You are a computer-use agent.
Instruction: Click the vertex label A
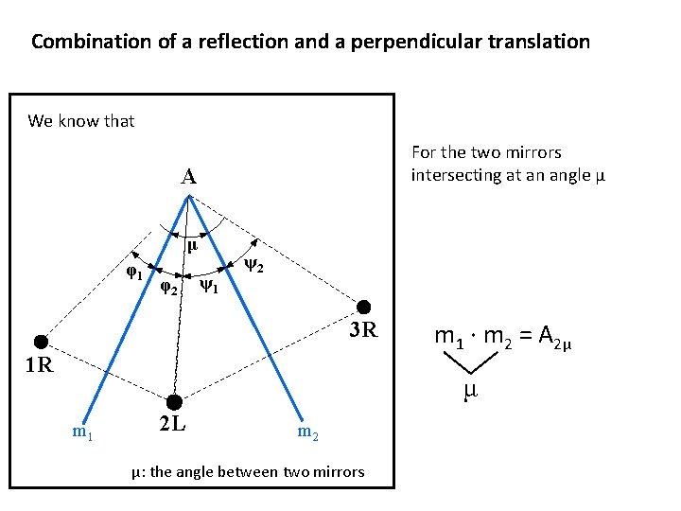tap(189, 177)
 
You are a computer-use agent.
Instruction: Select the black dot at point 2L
tap(173, 403)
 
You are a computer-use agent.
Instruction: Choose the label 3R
tap(363, 331)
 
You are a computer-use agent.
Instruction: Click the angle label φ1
tap(135, 274)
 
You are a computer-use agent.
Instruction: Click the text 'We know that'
tap(81, 121)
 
